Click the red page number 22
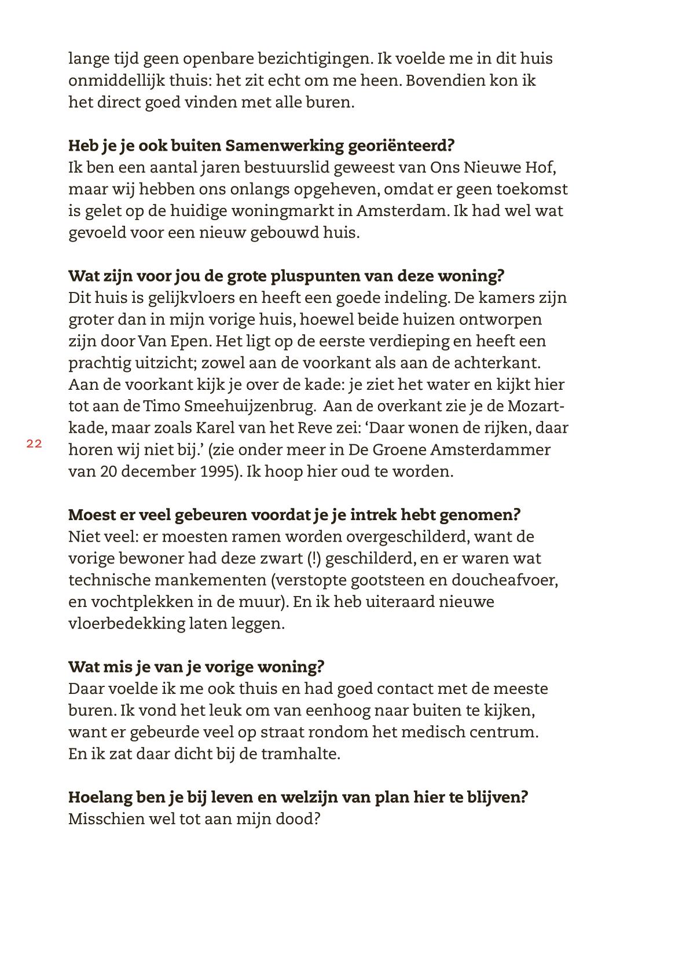pos(34,444)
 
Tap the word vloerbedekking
pos(126,624)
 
